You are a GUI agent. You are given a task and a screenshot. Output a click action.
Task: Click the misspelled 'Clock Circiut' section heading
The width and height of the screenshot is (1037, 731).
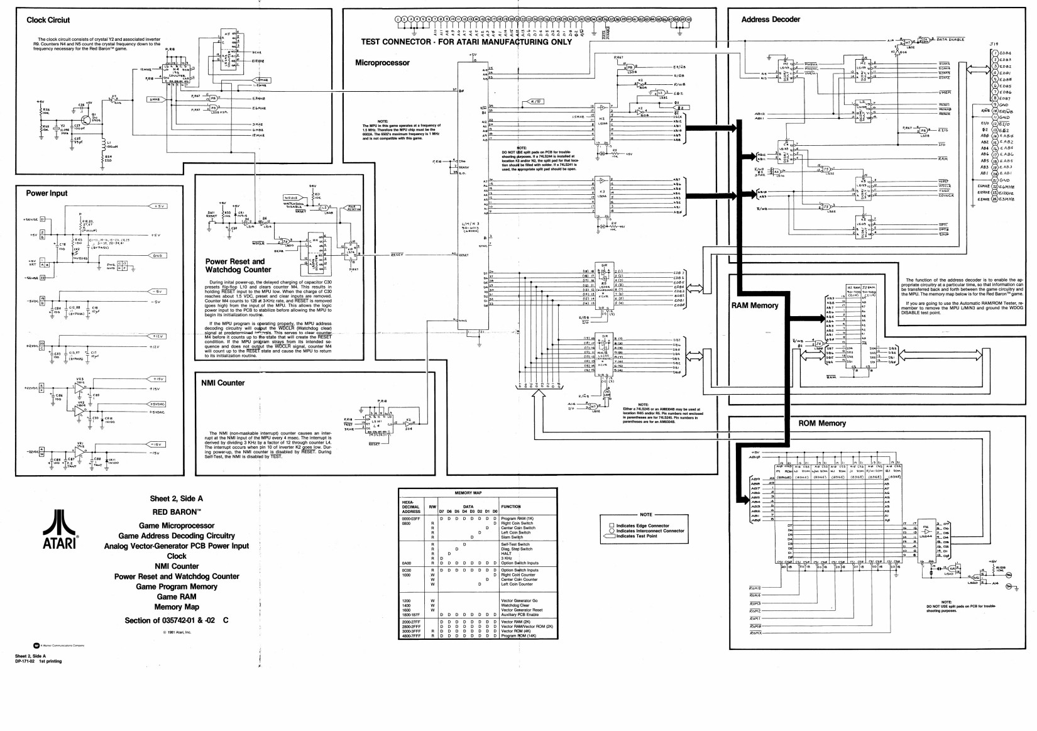coord(48,20)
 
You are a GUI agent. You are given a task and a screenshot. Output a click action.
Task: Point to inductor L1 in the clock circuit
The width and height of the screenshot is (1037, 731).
coord(104,143)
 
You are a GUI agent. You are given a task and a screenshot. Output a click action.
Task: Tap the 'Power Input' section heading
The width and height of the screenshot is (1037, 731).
coord(47,193)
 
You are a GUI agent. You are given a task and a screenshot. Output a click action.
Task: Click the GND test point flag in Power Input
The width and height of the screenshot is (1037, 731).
coord(156,256)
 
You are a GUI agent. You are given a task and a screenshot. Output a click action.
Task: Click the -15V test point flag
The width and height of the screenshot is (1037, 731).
coord(156,444)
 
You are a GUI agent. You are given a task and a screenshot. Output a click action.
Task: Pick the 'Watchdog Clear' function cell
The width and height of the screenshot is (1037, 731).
coord(517,605)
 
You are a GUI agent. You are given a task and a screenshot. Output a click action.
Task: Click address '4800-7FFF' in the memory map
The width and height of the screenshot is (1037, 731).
coord(412,635)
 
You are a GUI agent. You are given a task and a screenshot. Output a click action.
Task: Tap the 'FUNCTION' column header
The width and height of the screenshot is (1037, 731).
coord(510,507)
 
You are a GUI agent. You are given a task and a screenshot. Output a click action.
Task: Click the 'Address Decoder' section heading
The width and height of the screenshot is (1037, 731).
coord(771,19)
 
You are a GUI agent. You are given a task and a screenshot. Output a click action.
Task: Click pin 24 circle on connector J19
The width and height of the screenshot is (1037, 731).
coord(995,200)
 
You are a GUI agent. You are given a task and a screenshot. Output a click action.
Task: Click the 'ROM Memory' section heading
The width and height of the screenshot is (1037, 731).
coord(822,423)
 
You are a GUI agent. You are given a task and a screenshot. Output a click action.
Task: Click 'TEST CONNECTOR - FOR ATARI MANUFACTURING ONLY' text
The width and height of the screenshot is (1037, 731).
coord(466,42)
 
